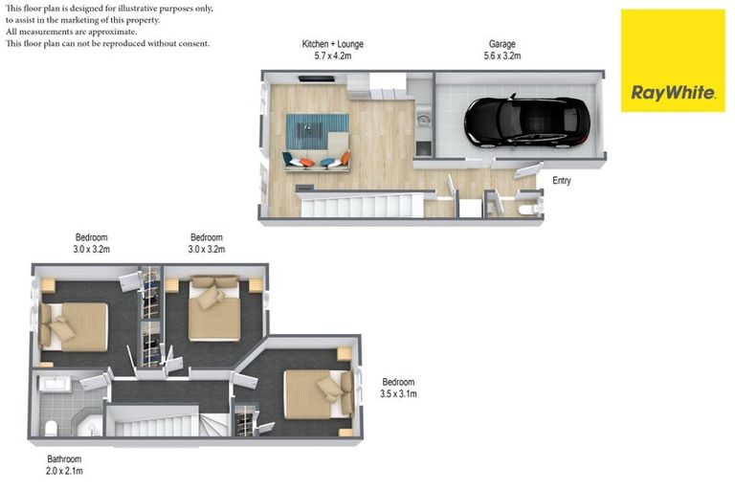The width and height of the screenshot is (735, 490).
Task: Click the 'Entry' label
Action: click(x=562, y=180)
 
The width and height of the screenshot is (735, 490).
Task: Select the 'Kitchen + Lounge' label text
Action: click(x=332, y=44)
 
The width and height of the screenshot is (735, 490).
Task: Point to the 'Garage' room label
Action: click(x=503, y=44)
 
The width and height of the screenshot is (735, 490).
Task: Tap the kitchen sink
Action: click(x=422, y=122)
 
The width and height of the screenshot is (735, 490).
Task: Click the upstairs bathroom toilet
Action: click(x=53, y=426)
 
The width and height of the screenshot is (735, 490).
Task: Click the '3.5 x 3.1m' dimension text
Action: click(x=398, y=393)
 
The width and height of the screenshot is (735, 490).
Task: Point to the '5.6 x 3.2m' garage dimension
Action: click(x=503, y=56)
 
